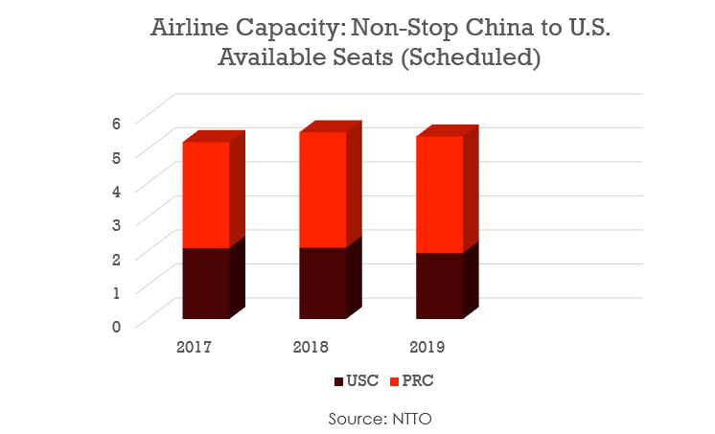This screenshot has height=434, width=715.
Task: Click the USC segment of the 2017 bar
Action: coord(205,284)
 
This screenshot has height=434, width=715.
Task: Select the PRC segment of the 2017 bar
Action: coord(205,194)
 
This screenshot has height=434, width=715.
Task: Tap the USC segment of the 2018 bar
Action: coord(322,284)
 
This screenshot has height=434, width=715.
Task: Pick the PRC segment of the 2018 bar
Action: coord(322,190)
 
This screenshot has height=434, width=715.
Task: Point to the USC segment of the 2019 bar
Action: coord(439,286)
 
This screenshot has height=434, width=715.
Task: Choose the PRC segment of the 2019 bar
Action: coord(439,194)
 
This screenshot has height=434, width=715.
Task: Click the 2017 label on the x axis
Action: coord(196,346)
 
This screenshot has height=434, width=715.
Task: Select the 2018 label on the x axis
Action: coord(312,346)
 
